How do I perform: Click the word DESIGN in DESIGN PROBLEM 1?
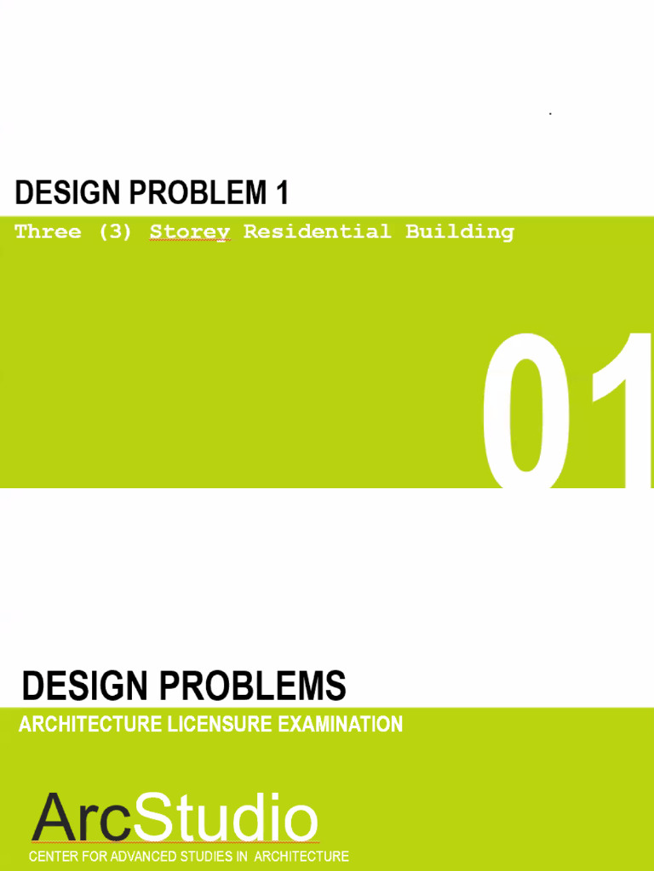pyautogui.click(x=66, y=194)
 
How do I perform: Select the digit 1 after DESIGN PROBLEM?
pyautogui.click(x=282, y=194)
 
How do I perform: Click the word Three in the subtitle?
pyautogui.click(x=48, y=231)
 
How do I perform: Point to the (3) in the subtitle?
pyautogui.click(x=115, y=231)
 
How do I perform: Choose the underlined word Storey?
pyautogui.click(x=189, y=232)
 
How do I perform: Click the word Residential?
pyautogui.click(x=317, y=231)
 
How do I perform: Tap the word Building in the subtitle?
pyautogui.click(x=459, y=231)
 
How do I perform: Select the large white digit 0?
pyautogui.click(x=526, y=410)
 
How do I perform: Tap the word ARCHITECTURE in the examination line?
pyautogui.click(x=89, y=725)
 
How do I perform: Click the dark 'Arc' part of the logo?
pyautogui.click(x=82, y=818)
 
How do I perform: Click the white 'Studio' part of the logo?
pyautogui.click(x=225, y=818)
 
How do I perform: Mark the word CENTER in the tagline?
pyautogui.click(x=55, y=857)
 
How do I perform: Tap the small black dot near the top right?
pyautogui.click(x=550, y=113)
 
